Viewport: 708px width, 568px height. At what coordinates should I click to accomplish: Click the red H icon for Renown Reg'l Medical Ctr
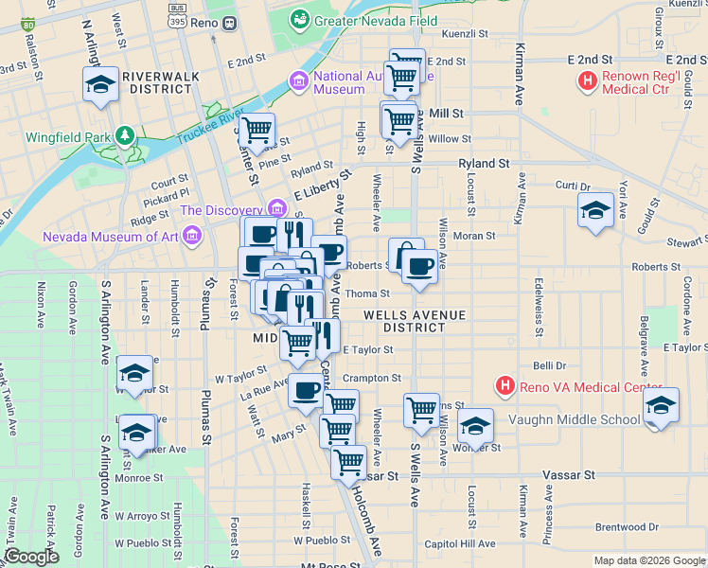[587, 81]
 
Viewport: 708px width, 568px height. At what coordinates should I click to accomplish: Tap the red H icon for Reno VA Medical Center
[505, 386]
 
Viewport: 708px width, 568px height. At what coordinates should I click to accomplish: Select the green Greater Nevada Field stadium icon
[300, 19]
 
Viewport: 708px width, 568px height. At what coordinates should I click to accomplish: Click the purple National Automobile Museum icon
[300, 81]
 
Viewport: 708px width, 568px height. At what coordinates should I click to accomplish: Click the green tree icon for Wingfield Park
[123, 136]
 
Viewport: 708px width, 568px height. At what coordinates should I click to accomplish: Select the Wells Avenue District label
[414, 320]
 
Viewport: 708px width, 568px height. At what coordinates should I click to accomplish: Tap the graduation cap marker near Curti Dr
[595, 211]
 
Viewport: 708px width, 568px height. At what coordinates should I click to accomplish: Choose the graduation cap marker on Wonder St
[475, 427]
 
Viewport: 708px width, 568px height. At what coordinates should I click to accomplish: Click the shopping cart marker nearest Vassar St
[349, 463]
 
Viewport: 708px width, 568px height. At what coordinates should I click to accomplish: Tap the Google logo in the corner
[31, 557]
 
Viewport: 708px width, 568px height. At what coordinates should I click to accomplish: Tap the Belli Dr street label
[549, 364]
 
